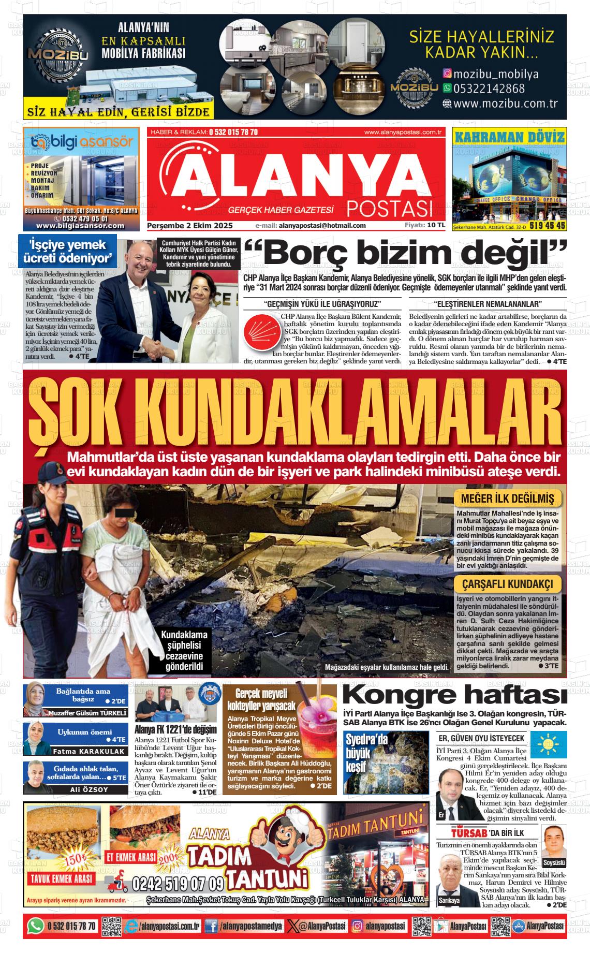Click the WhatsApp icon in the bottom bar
[x=35, y=926]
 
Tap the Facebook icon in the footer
[x=211, y=926]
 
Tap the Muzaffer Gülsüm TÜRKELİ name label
[x=87, y=713]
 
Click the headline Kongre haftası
[x=451, y=694]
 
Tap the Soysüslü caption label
[x=554, y=862]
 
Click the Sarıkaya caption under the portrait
[x=449, y=900]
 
